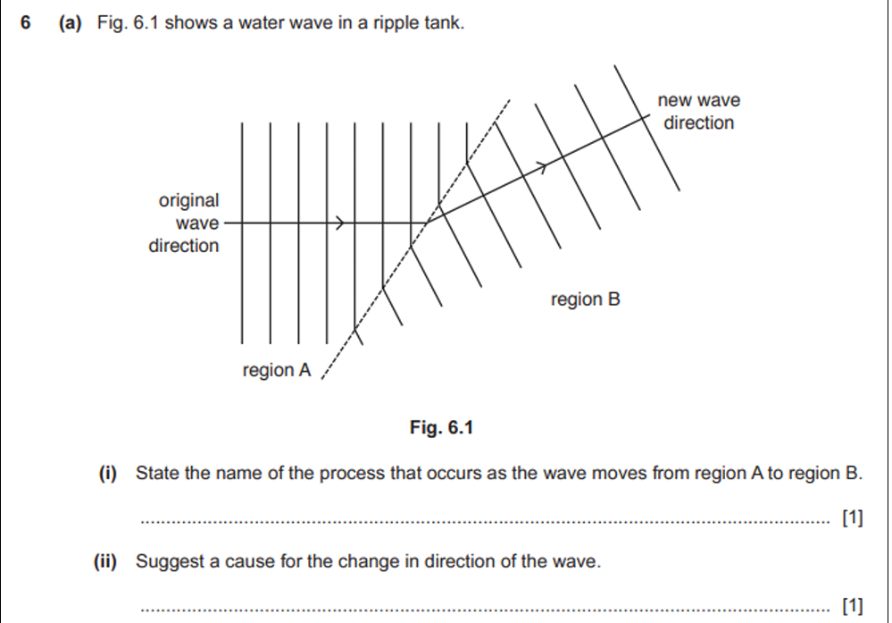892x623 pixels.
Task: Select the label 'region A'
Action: [x=277, y=370]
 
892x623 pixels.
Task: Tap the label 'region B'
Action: [x=585, y=299]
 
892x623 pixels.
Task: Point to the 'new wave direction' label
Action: [x=698, y=112]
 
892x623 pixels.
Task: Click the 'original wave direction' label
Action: [x=185, y=223]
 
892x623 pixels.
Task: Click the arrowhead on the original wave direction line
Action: [x=339, y=223]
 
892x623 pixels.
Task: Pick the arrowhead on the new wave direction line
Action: [x=541, y=166]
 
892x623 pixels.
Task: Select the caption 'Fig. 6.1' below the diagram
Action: [x=440, y=428]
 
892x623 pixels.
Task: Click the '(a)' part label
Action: [x=72, y=23]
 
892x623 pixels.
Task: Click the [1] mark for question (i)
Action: [x=853, y=518]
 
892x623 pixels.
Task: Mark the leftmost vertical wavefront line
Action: [x=242, y=232]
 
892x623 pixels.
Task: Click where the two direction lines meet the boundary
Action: [x=427, y=223]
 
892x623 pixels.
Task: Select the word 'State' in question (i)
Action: [x=157, y=473]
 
